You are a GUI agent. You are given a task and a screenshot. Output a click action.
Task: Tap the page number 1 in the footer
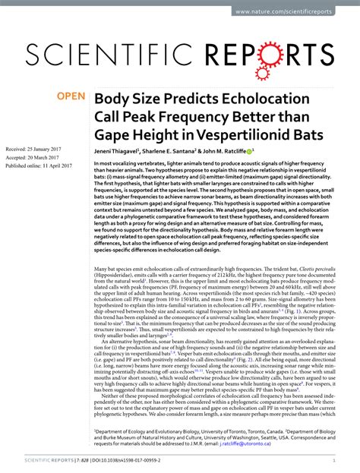tap(334, 460)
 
